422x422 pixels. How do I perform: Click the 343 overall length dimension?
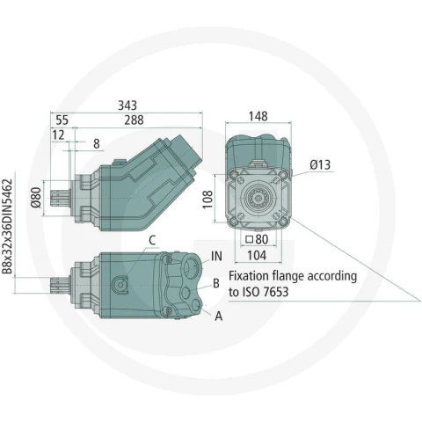127,105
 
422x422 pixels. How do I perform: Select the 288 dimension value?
134,120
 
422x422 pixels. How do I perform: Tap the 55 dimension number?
62,120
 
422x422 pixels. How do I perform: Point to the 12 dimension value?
58,135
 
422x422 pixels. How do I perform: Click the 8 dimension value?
97,144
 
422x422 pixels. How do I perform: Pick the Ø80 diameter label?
37,197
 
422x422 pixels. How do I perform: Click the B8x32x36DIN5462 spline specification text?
7,227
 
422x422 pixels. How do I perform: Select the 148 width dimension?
258,116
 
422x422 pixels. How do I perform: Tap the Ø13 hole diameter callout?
320,165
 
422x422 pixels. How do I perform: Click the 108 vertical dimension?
207,200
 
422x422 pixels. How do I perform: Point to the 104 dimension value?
257,256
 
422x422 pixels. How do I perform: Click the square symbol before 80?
250,239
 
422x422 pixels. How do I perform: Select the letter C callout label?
152,241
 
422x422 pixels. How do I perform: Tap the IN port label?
216,256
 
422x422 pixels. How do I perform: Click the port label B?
216,283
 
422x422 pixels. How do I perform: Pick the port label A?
219,316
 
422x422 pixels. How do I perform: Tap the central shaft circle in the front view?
258,199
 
